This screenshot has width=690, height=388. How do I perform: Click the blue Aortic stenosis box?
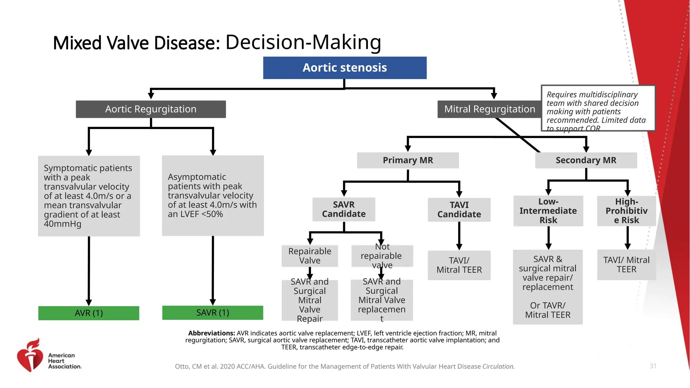[345, 68]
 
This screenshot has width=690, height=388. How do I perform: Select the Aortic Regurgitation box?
[151, 109]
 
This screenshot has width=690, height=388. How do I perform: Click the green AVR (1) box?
[89, 313]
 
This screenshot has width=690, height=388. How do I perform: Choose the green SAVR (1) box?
[213, 313]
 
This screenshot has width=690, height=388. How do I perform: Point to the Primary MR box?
[408, 160]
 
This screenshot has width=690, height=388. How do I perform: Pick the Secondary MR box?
[586, 160]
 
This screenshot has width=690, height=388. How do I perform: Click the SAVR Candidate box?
[344, 209]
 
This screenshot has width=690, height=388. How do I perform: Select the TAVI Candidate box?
[459, 209]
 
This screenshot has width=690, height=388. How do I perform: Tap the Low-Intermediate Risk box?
[548, 211]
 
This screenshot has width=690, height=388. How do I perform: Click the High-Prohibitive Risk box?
[626, 211]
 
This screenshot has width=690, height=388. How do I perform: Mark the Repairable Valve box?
[310, 256]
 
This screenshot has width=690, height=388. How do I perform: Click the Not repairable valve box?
[382, 256]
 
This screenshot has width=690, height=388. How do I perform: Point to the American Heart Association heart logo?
[30, 355]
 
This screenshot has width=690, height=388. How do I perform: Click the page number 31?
[653, 366]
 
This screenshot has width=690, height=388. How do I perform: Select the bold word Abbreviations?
[211, 333]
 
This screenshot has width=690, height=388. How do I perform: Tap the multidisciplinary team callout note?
[598, 108]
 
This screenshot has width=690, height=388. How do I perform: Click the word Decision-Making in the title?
[303, 42]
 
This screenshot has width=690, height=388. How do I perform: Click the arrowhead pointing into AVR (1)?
[89, 302]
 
